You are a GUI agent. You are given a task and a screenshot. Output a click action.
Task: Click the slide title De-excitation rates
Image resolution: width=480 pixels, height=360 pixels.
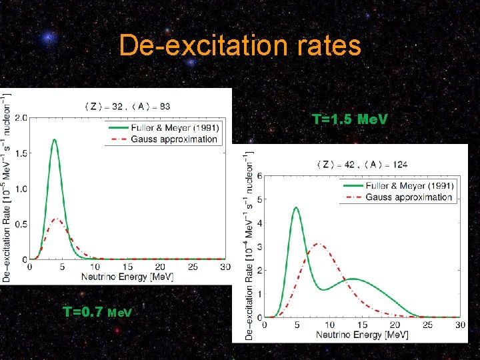point(240,45)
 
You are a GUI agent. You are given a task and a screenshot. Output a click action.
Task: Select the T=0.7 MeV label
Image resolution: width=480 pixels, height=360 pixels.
point(97,311)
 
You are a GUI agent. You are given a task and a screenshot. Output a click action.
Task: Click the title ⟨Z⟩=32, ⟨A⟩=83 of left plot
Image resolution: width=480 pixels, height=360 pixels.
point(127,105)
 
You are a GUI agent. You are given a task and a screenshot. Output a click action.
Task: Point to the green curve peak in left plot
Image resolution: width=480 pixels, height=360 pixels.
point(55,140)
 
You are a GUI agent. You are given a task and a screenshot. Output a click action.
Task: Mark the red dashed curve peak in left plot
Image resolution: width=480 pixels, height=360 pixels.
point(57,219)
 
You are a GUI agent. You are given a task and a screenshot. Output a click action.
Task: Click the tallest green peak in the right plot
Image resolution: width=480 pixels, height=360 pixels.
point(296,207)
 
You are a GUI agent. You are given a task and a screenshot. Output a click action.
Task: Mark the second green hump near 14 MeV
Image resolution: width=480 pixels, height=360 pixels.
point(353,279)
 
